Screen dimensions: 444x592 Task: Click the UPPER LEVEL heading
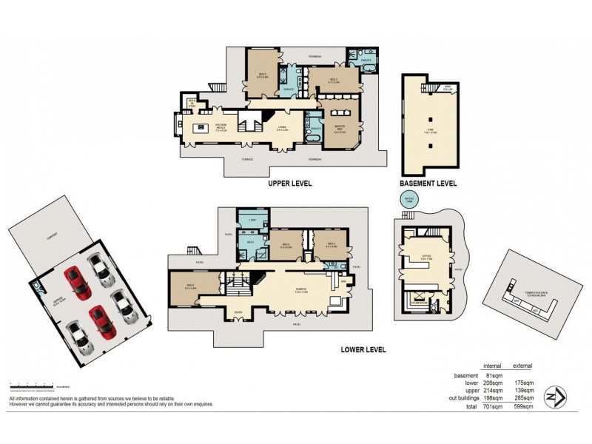click(x=280, y=183)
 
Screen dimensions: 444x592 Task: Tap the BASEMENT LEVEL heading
click(x=428, y=183)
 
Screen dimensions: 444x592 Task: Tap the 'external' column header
click(x=522, y=366)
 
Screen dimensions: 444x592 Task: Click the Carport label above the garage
click(x=52, y=239)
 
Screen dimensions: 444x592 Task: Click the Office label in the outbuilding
click(x=426, y=258)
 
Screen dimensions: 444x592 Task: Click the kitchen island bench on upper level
click(x=203, y=129)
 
